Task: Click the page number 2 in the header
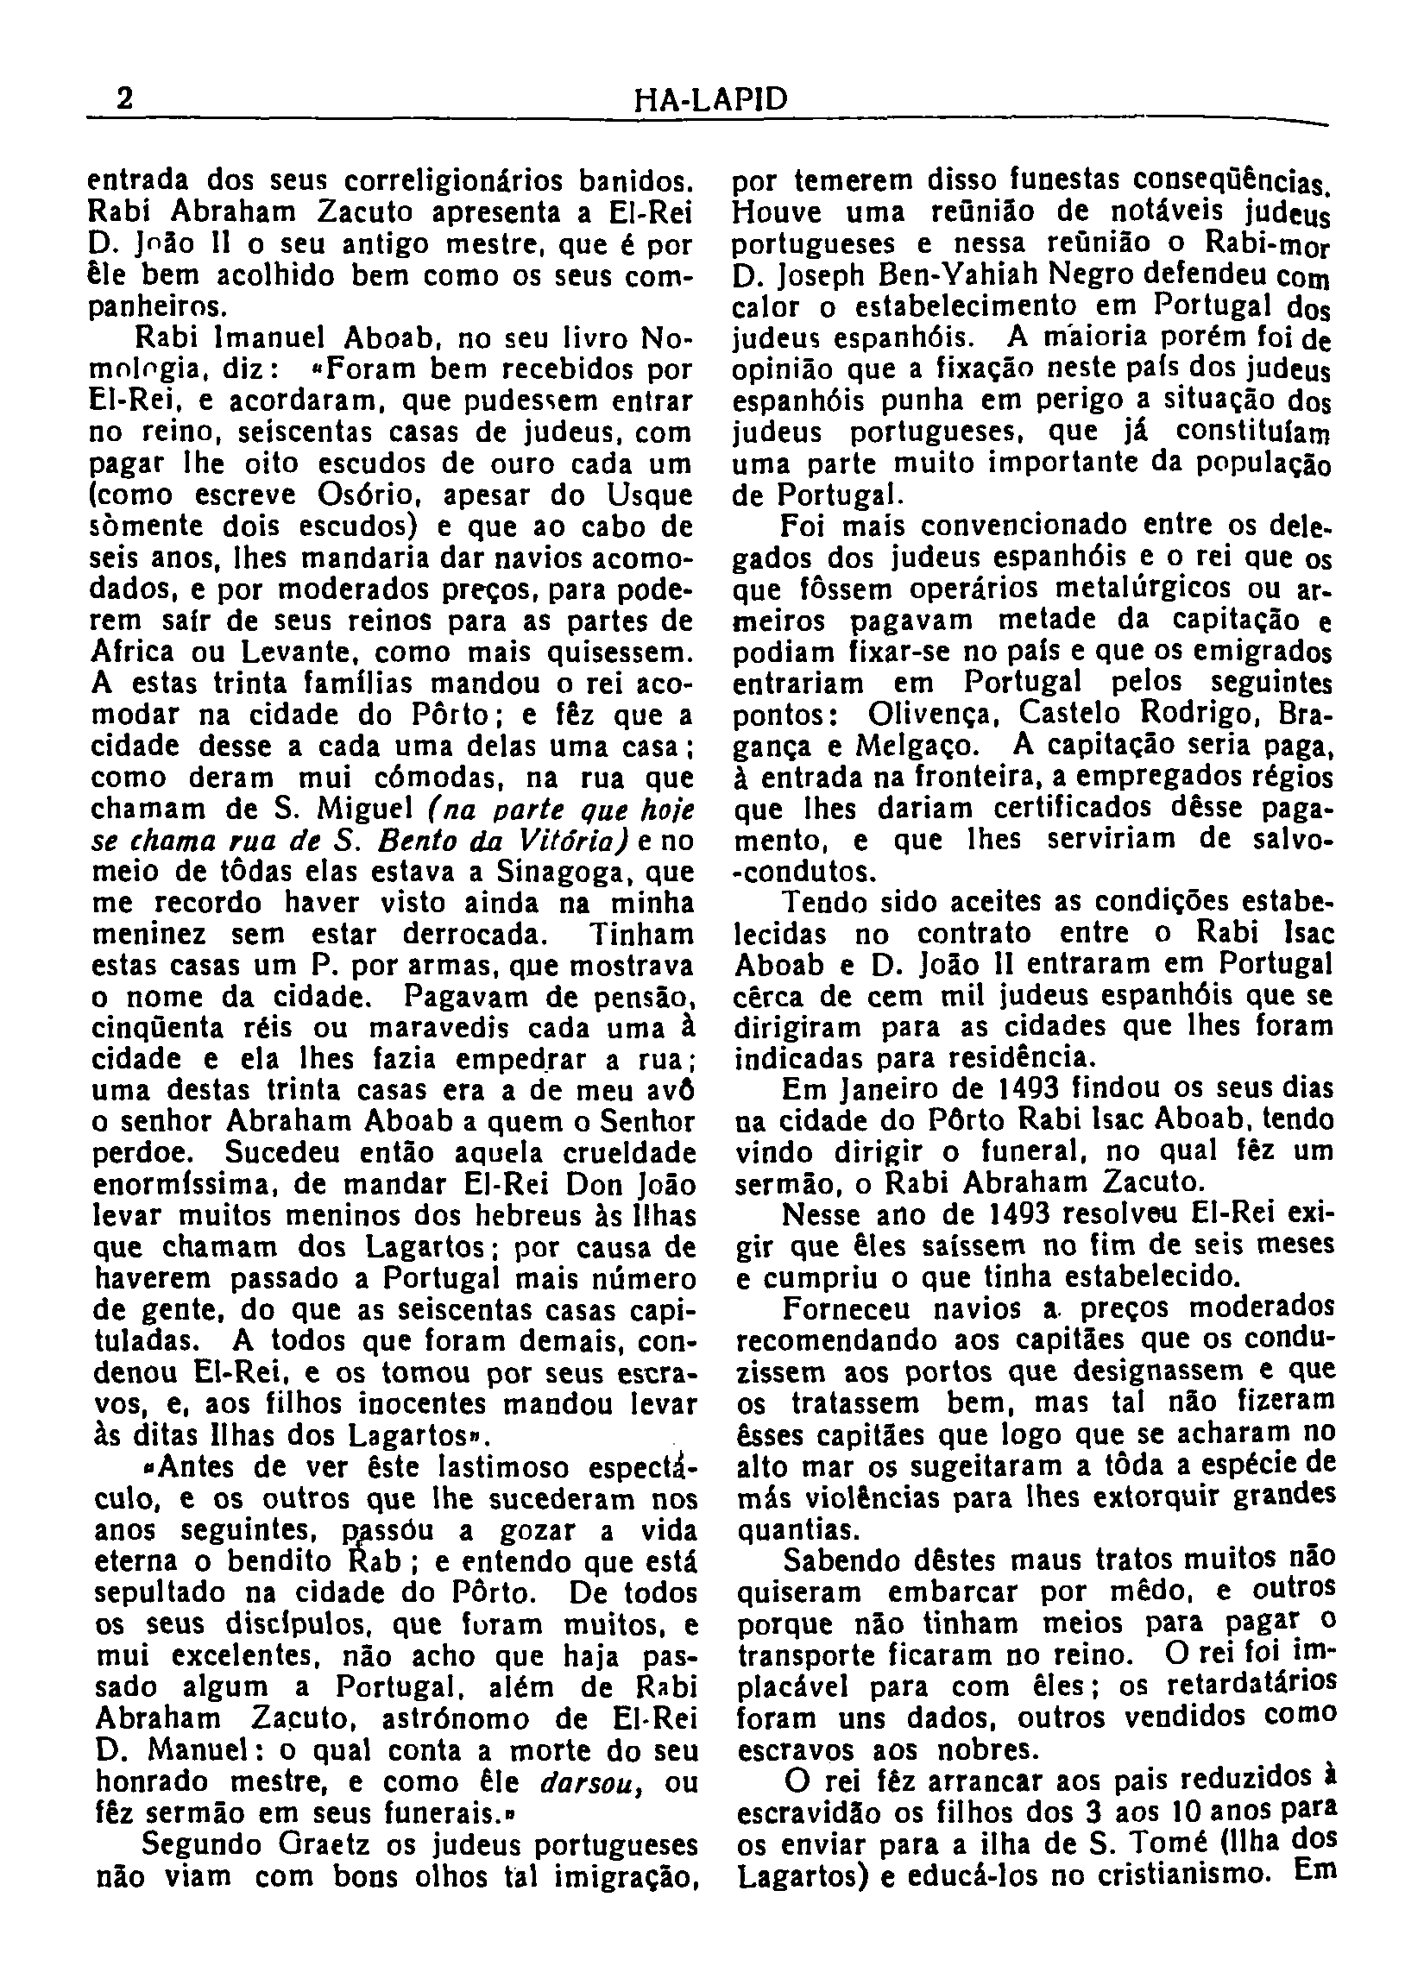click(x=126, y=98)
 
